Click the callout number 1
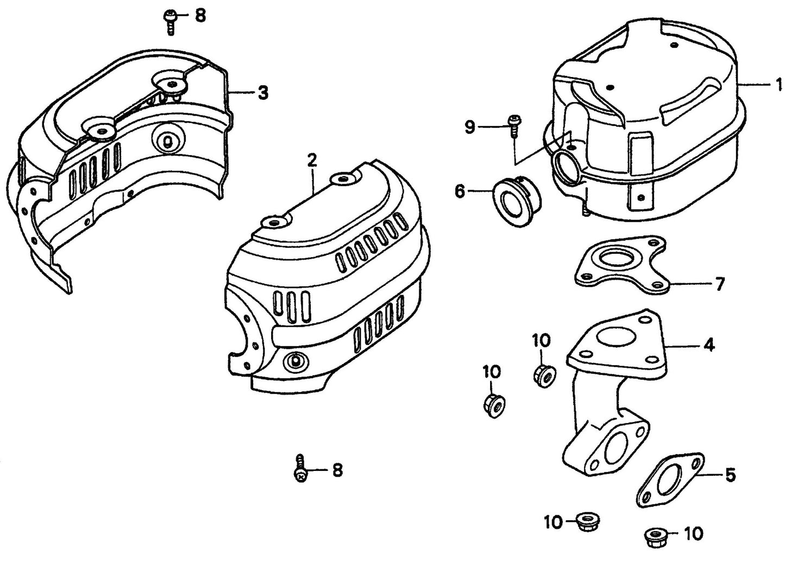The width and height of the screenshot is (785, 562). click(x=778, y=85)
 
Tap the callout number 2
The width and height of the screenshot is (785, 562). click(x=311, y=160)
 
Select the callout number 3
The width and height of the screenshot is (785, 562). click(x=262, y=93)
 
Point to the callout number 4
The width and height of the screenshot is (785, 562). click(x=709, y=345)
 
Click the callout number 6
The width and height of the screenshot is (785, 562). click(x=460, y=191)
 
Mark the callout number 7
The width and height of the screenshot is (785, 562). click(x=719, y=284)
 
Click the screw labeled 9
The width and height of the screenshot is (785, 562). click(x=513, y=126)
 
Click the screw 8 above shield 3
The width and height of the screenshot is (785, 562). click(x=169, y=21)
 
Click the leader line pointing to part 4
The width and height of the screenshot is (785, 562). click(x=682, y=346)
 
